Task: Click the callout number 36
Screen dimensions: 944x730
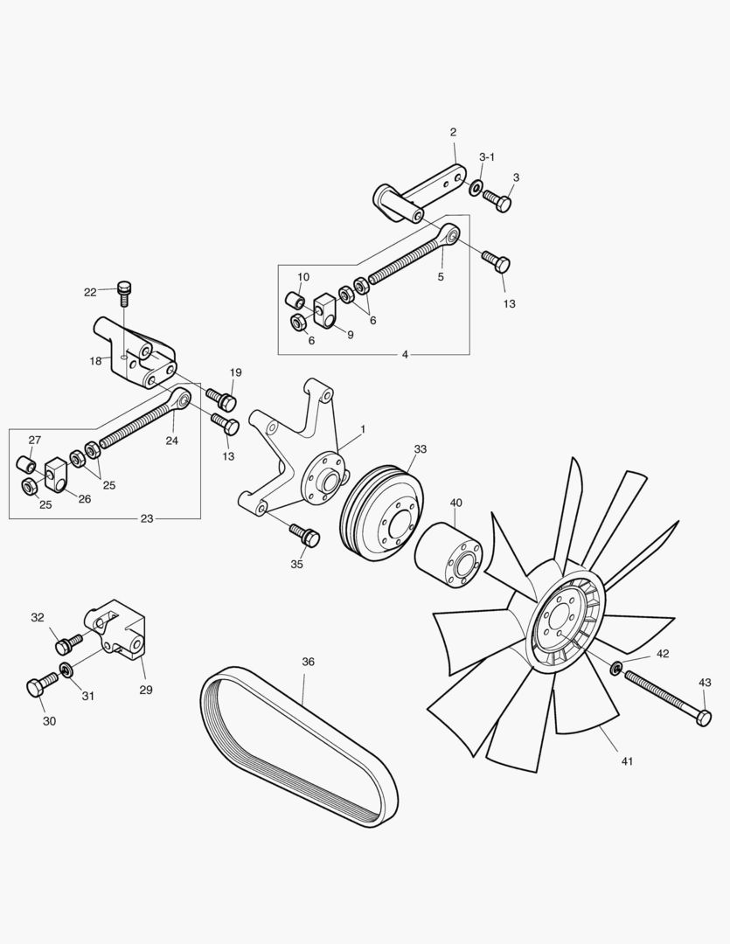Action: pyautogui.click(x=308, y=662)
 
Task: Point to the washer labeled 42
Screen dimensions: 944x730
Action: pyautogui.click(x=615, y=670)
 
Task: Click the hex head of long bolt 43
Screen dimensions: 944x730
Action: pyautogui.click(x=702, y=718)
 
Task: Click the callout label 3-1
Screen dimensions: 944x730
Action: pyautogui.click(x=487, y=157)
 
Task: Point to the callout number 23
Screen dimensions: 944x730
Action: pyautogui.click(x=146, y=518)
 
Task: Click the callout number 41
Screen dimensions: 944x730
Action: pyautogui.click(x=627, y=761)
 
